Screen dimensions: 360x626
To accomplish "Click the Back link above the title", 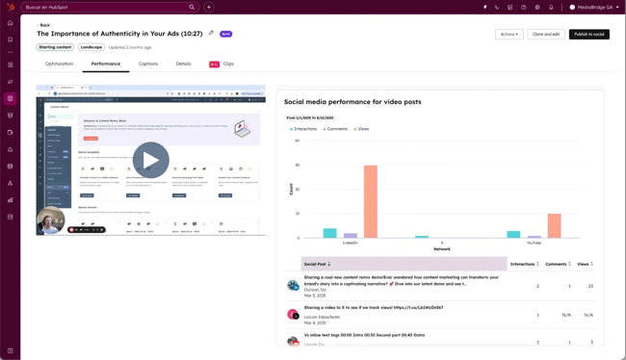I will coord(44,25).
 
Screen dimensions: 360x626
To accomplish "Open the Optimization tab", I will coord(59,64).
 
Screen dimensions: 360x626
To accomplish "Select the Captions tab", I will coord(147,64).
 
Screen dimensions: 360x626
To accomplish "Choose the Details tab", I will coord(183,64).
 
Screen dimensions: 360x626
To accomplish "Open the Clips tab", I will coord(227,64).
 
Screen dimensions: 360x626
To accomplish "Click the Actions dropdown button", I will coord(509,35).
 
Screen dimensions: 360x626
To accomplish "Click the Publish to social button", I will coord(588,35).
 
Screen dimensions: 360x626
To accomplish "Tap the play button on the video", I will coord(150,160).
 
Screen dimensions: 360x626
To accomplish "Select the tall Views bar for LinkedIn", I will coord(371,201).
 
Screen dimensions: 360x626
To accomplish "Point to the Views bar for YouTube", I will coord(554,225).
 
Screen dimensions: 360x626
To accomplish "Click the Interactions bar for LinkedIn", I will coord(330,233).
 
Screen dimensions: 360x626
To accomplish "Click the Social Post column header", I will coord(316,264).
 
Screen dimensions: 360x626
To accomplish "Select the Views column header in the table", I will coord(584,264).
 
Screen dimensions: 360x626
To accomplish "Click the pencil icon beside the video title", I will coord(211,34).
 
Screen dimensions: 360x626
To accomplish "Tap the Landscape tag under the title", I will coord(91,47).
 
